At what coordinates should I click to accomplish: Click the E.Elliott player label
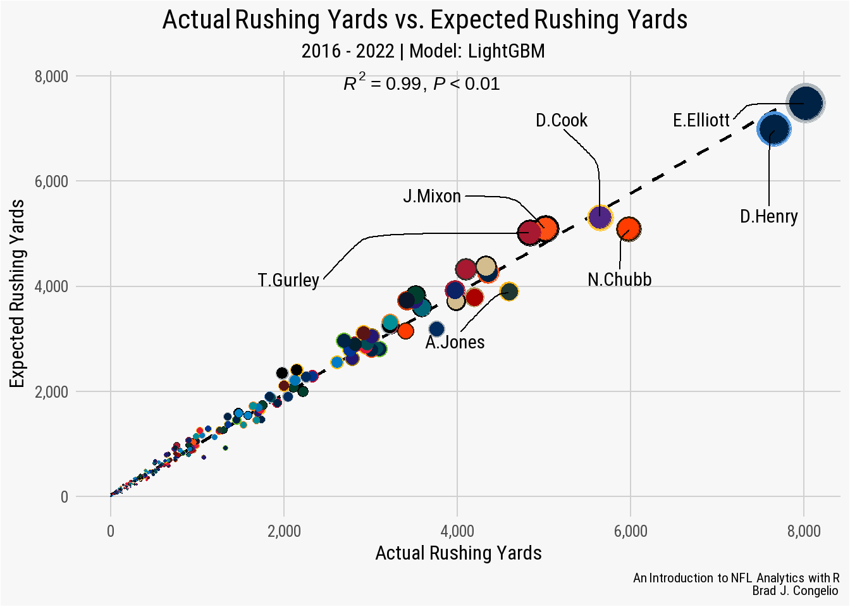tap(701, 120)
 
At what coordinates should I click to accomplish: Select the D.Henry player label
tap(768, 216)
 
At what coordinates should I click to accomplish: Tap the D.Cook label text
tap(561, 120)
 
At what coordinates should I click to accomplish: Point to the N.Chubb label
tap(619, 279)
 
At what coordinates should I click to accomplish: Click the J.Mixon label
tap(432, 196)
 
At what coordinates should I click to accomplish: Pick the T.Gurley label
tap(288, 279)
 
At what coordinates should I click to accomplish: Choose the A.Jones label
tap(455, 342)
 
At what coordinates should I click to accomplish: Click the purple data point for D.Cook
tap(600, 218)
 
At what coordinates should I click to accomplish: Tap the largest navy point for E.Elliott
tap(804, 103)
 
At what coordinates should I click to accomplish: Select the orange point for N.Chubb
tap(629, 229)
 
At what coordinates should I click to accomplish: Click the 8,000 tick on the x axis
tap(803, 531)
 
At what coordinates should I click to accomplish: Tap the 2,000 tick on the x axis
tap(284, 531)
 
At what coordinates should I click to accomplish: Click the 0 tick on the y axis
tap(64, 497)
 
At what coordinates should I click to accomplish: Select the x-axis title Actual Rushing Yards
tap(458, 553)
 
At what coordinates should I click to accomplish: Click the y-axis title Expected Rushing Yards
tap(17, 294)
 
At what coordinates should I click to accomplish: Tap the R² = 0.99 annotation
tap(421, 83)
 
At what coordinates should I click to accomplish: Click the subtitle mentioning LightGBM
tap(422, 51)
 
